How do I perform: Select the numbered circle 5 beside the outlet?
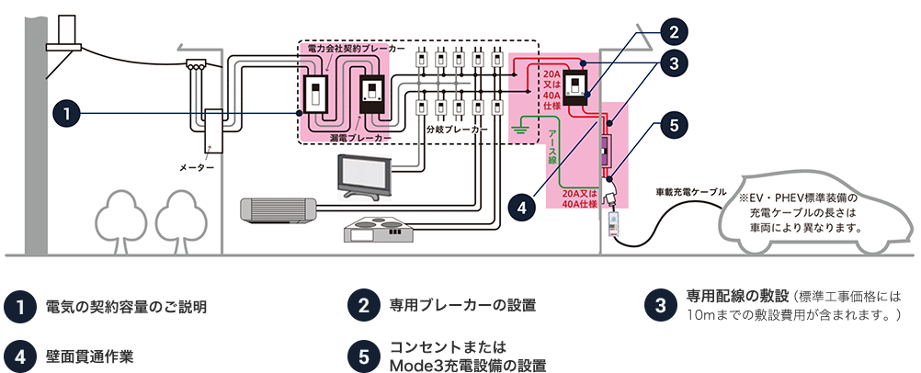(673, 125)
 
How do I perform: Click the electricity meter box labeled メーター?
(212, 130)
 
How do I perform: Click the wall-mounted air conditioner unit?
(279, 211)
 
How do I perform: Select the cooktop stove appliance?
(378, 230)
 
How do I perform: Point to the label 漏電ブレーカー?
(361, 139)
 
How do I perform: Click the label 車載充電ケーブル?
(691, 192)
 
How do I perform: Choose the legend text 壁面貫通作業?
(89, 356)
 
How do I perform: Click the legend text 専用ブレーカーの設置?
(463, 305)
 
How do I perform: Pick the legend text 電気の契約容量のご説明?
(126, 307)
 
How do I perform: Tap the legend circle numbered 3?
(662, 305)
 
